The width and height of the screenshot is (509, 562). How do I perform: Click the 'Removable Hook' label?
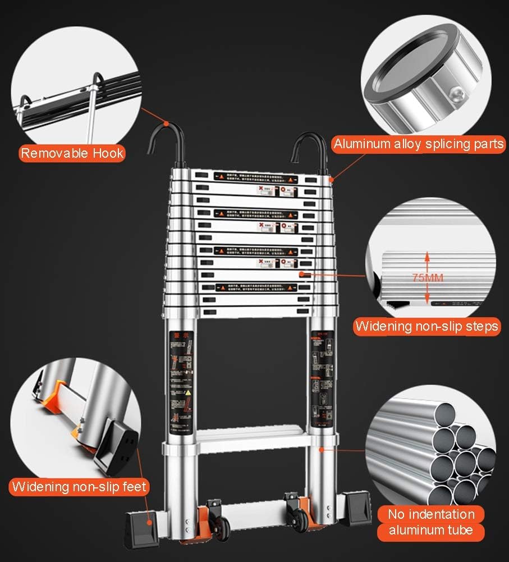pyautogui.click(x=72, y=153)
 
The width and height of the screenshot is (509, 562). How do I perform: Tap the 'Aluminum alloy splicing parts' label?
pyautogui.click(x=419, y=144)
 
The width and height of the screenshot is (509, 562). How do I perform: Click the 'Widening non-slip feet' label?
pyautogui.click(x=79, y=486)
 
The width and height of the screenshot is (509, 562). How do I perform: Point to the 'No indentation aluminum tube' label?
pyautogui.click(x=431, y=522)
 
